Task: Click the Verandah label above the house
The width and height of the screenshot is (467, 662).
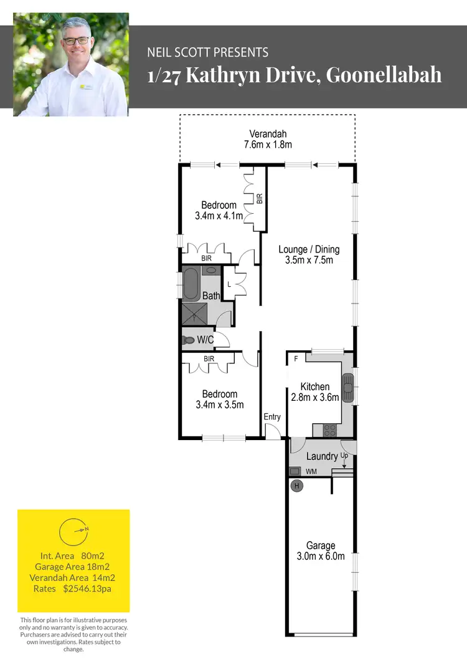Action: click(268, 134)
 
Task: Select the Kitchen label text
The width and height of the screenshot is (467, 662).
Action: click(314, 387)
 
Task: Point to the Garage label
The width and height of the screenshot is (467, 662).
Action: click(320, 545)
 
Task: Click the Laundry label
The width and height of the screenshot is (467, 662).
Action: click(321, 457)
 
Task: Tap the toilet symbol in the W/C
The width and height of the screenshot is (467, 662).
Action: click(188, 340)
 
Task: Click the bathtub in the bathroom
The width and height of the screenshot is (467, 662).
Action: click(191, 285)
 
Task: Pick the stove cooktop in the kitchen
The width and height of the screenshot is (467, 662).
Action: click(329, 429)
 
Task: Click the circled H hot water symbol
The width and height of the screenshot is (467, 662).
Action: click(297, 486)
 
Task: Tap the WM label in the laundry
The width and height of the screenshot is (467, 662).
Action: click(311, 472)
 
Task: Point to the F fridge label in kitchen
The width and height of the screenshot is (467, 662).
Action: click(296, 359)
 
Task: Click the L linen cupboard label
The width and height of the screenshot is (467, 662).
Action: click(230, 284)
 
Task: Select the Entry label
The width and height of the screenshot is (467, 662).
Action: click(272, 417)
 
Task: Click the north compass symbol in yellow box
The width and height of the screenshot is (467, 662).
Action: click(73, 530)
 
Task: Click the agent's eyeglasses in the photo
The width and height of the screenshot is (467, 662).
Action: click(75, 39)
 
